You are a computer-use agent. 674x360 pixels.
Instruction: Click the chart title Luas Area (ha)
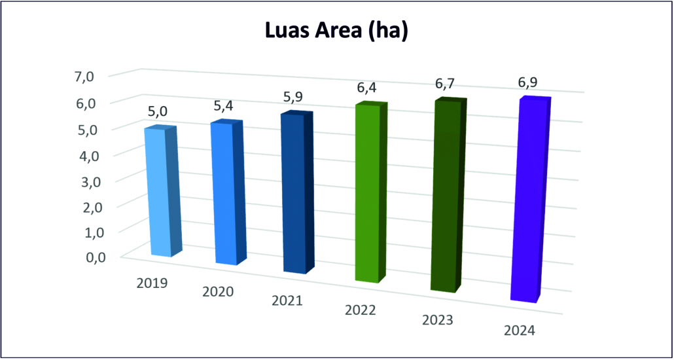336,31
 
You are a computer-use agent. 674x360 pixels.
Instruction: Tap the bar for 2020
223,193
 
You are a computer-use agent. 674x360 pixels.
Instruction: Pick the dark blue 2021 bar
293,193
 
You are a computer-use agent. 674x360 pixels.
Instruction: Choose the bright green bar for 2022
368,193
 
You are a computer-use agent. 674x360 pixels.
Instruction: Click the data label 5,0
158,112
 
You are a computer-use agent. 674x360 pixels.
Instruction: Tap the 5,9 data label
293,98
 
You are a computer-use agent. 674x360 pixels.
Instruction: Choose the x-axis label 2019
152,284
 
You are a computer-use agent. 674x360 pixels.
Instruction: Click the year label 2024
520,331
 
